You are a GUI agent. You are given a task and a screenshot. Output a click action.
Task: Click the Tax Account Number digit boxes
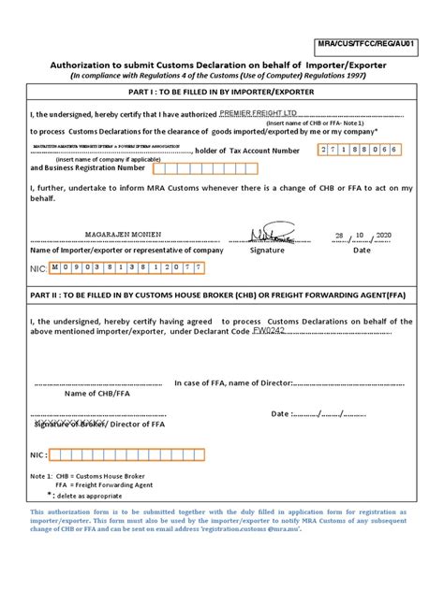pos(359,150)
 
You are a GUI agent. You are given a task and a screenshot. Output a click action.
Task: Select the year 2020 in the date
pos(389,236)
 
